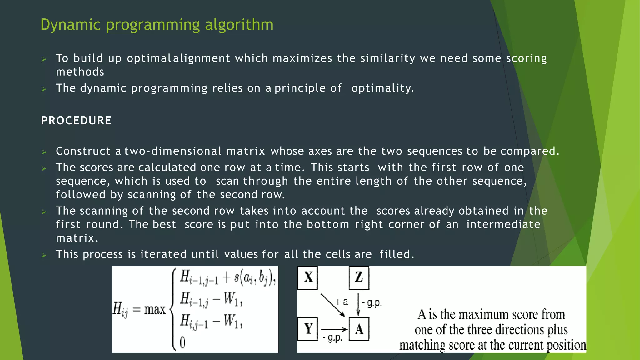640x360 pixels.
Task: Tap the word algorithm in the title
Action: pos(239,25)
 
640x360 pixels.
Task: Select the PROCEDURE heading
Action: pos(76,121)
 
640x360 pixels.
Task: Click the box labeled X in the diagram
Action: pos(308,277)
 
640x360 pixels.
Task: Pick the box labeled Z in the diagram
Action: pos(359,277)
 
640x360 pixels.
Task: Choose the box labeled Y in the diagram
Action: pos(308,329)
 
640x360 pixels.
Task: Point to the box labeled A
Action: pos(359,329)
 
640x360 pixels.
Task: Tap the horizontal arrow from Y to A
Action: pos(334,329)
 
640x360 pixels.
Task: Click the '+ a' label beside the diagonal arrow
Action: pos(342,302)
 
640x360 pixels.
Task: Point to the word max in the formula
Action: pos(155,309)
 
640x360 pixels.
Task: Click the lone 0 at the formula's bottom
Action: pos(183,343)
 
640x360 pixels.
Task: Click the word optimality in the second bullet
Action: pos(382,88)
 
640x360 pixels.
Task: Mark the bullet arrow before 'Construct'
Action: pos(44,152)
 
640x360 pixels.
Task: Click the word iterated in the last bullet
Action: pos(163,254)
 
